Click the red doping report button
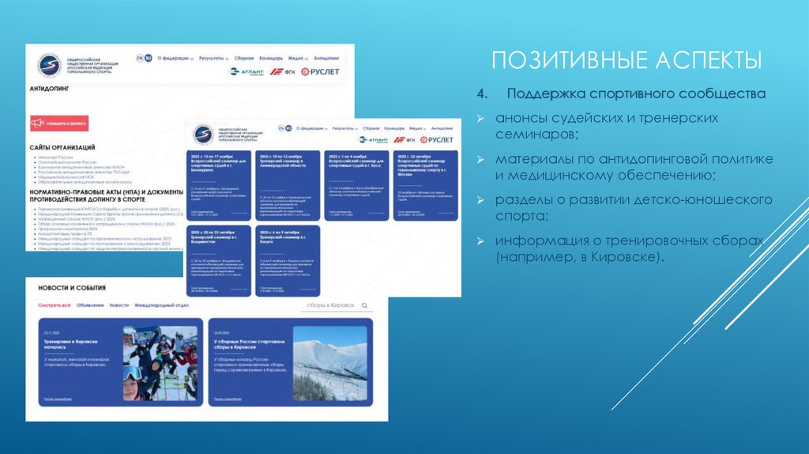(x=59, y=123)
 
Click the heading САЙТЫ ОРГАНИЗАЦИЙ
(x=62, y=147)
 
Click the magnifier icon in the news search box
(x=363, y=305)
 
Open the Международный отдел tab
(x=161, y=305)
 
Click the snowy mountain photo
(x=329, y=363)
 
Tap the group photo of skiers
(x=160, y=363)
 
